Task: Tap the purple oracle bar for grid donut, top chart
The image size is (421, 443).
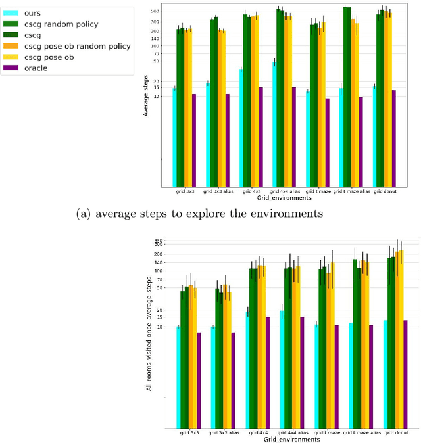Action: pyautogui.click(x=393, y=138)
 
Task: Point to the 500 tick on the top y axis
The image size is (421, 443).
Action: pyautogui.click(x=156, y=11)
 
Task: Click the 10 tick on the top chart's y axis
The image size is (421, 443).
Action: pyautogui.click(x=157, y=96)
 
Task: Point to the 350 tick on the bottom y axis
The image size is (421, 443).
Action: pyautogui.click(x=159, y=240)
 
